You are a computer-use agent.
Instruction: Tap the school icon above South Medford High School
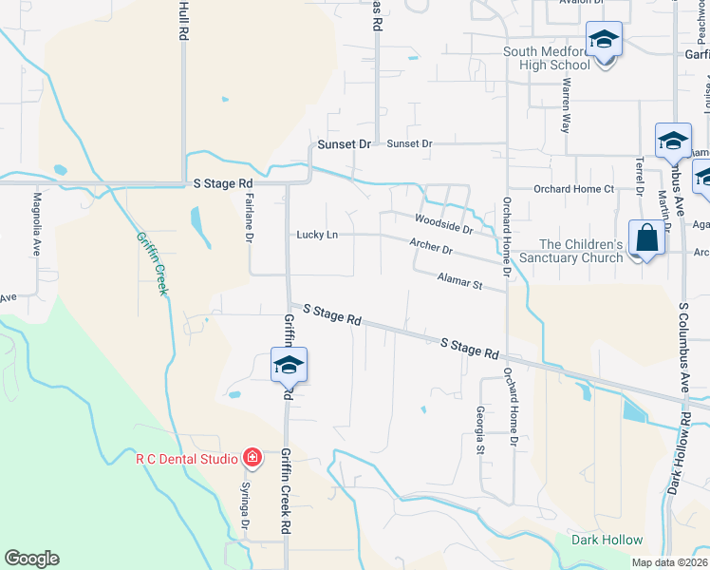[x=604, y=39]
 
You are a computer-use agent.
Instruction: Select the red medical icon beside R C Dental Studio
[x=252, y=459]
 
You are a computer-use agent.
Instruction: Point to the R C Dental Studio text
[x=186, y=459]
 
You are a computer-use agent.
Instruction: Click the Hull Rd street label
[x=181, y=20]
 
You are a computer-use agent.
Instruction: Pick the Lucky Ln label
[x=317, y=235]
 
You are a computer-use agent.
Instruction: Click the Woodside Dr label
[x=442, y=224]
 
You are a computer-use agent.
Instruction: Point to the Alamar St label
[x=459, y=280]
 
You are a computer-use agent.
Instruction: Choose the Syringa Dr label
[x=244, y=512]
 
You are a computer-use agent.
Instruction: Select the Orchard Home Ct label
[x=574, y=189]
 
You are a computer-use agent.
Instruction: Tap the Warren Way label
[x=567, y=104]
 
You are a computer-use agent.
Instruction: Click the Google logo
[x=31, y=559]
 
